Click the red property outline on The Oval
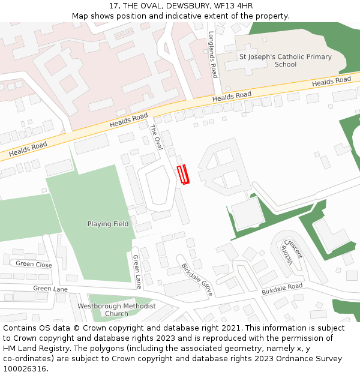point(183,175)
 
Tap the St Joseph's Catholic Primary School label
point(285,61)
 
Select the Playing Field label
point(108,224)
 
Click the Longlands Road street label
point(212,55)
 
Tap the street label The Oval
point(156,137)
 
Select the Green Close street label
point(34,264)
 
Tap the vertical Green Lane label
point(137,271)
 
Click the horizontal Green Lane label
point(50,289)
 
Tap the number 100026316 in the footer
point(25,369)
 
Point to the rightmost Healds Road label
point(331,81)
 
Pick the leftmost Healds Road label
point(28,148)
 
